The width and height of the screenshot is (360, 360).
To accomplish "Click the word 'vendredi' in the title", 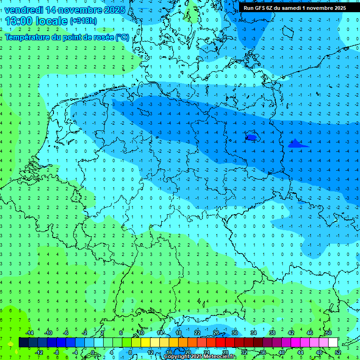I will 24,10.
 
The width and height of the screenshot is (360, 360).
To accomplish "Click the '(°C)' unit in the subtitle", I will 122,37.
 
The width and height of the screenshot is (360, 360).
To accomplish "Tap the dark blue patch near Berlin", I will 251,137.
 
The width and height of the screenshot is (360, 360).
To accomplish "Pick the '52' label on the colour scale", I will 338,352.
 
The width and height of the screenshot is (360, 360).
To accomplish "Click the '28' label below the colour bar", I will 225,352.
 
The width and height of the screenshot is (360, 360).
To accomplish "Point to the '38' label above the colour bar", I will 272,333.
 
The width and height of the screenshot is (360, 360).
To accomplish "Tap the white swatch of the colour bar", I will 333,343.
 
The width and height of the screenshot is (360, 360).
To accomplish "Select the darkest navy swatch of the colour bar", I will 23,343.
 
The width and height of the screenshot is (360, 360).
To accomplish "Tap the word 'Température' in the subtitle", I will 29,37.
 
